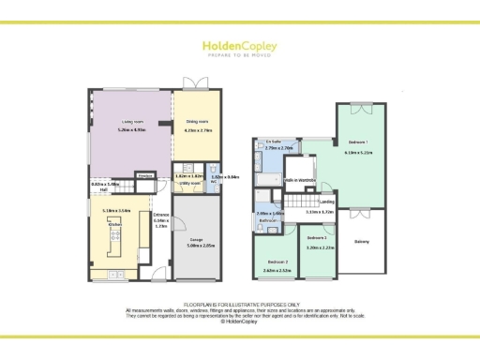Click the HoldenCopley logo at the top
[x=239, y=47]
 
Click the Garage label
[x=195, y=241]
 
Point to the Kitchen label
[x=116, y=225]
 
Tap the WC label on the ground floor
[x=215, y=181]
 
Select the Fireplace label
[x=144, y=175]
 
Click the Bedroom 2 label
[x=276, y=262]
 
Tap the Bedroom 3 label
[x=321, y=241]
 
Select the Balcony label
[x=361, y=241]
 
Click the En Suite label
[x=275, y=142]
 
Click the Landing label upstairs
[x=326, y=202]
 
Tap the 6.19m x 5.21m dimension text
[x=358, y=151]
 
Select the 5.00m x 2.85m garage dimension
[x=195, y=247]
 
